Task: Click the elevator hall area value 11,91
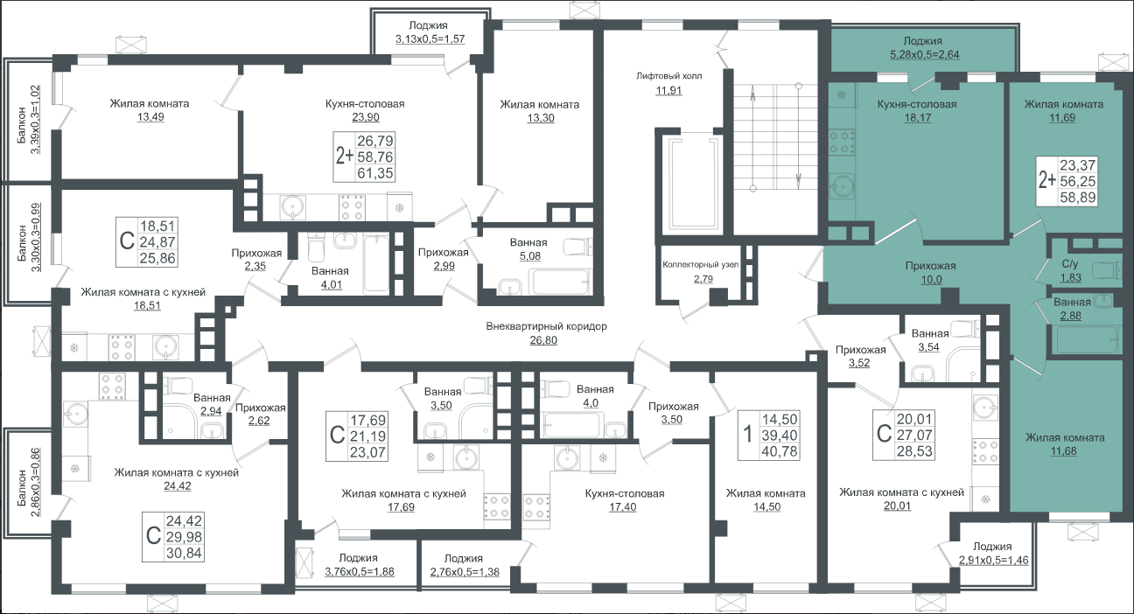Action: point(668,91)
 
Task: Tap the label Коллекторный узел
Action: point(701,265)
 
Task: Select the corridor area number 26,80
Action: point(543,340)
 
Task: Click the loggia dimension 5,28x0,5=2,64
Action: point(924,54)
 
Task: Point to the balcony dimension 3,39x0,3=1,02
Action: point(35,120)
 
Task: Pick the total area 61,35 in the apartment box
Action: point(375,173)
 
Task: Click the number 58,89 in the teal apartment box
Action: point(1078,197)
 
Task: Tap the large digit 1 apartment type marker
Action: point(747,435)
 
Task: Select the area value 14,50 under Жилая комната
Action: point(766,506)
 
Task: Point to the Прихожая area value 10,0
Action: point(931,279)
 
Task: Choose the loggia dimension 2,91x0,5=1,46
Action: point(994,561)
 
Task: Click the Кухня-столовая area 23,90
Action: point(366,117)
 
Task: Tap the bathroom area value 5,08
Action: point(530,256)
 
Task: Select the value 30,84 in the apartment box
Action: point(184,554)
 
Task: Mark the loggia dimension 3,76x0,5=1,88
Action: point(360,571)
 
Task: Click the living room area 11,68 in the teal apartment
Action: point(1064,451)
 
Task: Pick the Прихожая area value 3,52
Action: point(859,363)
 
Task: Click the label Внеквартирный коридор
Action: point(546,326)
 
